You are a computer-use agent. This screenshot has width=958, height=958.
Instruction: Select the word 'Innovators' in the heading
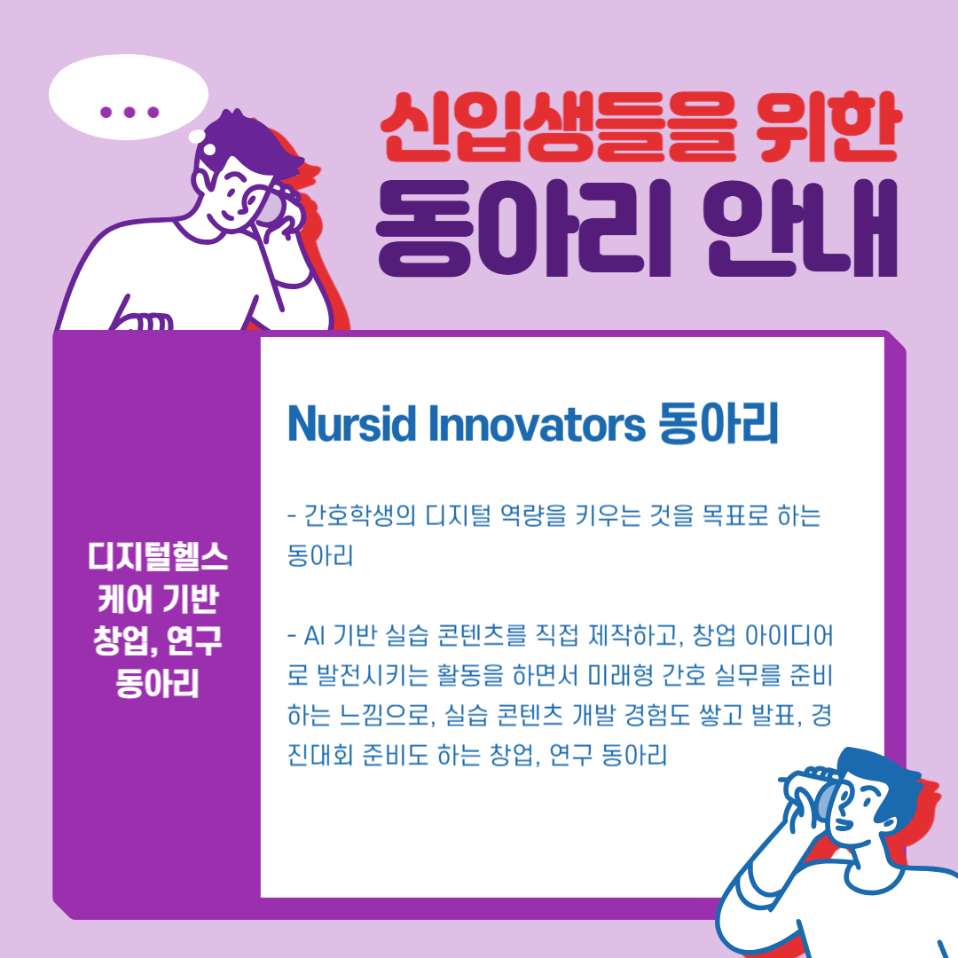pos(537,423)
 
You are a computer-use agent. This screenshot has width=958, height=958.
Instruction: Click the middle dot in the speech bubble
pos(129,112)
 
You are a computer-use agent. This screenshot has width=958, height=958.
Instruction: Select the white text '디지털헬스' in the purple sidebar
pos(158,556)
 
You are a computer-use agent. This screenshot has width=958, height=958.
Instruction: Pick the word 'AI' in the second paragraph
pos(314,636)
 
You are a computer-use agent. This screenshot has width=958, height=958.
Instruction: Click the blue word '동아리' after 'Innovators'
pos(718,423)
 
